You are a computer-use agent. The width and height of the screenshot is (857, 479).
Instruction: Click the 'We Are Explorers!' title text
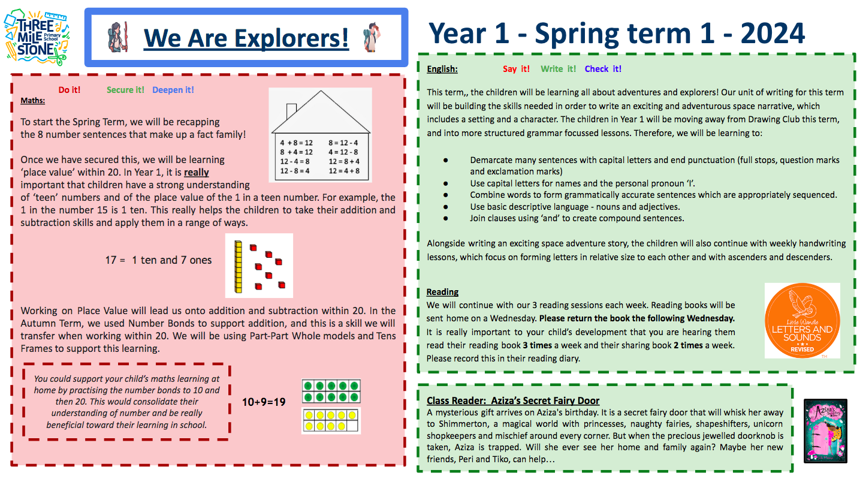tap(246, 37)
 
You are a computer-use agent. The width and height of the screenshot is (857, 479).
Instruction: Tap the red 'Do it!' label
tap(70, 90)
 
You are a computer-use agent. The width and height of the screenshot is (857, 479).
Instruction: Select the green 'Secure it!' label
tap(125, 90)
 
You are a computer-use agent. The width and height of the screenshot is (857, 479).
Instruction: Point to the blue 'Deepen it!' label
tap(173, 90)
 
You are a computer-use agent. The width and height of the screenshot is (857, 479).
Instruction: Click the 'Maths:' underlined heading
tap(32, 100)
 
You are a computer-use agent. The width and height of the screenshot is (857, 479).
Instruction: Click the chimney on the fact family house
tap(291, 111)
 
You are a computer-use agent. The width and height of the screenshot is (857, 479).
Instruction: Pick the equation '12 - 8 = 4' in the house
tap(294, 171)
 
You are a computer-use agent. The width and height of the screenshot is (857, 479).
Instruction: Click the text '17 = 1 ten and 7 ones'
tap(158, 260)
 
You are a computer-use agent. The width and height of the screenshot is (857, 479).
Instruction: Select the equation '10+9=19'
tap(264, 402)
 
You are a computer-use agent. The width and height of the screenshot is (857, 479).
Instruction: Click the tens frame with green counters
tap(331, 391)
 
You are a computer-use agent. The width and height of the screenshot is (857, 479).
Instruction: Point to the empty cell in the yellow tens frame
tap(353, 426)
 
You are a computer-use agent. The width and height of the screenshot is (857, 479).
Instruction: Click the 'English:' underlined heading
tap(442, 69)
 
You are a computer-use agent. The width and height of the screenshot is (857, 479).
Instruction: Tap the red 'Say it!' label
tap(516, 69)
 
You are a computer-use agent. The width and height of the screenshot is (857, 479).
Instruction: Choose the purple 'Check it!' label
tap(603, 69)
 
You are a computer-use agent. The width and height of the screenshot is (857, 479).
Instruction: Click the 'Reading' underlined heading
tap(442, 292)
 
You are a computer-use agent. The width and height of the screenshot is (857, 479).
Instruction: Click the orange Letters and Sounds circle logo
tap(802, 321)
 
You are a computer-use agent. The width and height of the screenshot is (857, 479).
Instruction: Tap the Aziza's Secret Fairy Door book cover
tap(825, 430)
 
